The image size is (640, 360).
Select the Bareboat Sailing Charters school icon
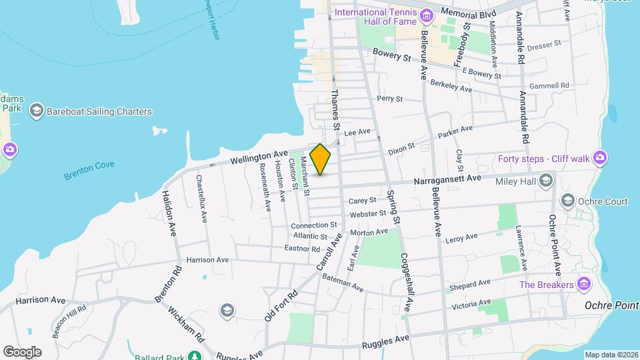[x=37, y=112]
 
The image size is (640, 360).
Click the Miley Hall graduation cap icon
[x=546, y=180]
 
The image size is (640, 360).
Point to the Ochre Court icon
[x=568, y=200]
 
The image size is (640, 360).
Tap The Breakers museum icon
[x=584, y=285]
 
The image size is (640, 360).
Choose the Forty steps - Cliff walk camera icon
[x=600, y=158]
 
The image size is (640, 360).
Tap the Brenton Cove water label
[x=89, y=169]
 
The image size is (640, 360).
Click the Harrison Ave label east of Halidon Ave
[x=207, y=259]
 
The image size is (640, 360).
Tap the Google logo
[x=22, y=351]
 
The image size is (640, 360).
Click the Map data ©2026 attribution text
[x=611, y=355]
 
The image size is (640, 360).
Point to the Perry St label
[x=390, y=99]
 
